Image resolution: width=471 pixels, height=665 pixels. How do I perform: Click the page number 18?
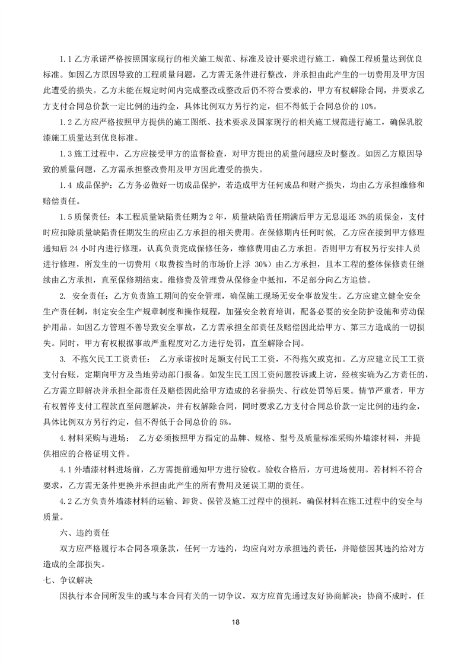point(236,622)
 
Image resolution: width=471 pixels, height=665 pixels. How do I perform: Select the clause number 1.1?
point(66,60)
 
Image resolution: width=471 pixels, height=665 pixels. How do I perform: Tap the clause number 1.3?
point(66,154)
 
